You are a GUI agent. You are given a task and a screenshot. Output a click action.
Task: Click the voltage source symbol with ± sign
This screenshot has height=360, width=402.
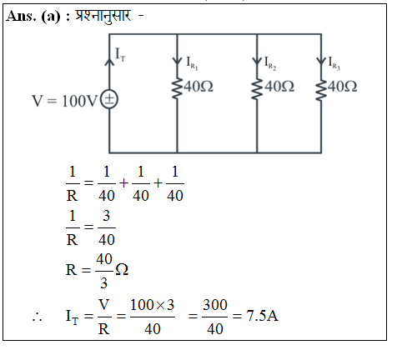click(x=109, y=99)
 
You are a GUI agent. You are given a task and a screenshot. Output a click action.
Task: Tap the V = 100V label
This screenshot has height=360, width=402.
click(x=65, y=101)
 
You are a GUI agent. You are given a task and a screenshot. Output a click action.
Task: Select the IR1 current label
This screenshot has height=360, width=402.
click(x=192, y=63)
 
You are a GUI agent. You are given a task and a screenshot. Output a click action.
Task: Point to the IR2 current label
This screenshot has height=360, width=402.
click(x=270, y=63)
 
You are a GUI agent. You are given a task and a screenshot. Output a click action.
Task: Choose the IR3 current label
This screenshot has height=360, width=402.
click(x=334, y=63)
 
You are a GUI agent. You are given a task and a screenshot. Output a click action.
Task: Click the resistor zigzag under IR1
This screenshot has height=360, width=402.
click(x=177, y=88)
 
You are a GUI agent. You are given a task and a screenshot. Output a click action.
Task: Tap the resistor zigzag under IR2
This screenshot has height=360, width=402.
click(x=257, y=88)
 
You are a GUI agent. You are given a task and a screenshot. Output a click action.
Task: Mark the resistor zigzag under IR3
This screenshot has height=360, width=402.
click(x=321, y=88)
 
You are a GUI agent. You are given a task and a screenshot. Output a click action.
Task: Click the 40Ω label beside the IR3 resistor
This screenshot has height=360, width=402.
click(x=342, y=87)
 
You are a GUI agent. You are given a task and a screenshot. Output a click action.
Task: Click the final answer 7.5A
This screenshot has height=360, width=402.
click(x=262, y=316)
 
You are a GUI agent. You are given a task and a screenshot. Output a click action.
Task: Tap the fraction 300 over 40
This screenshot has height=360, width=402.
click(x=215, y=317)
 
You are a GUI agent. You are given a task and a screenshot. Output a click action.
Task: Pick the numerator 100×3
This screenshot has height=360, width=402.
click(x=152, y=305)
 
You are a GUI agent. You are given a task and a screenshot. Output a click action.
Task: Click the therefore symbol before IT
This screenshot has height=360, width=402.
click(x=37, y=317)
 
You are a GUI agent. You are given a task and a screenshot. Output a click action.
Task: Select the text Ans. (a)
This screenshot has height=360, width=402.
click(x=33, y=16)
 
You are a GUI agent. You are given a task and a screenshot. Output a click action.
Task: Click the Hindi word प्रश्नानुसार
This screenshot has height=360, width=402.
click(x=103, y=16)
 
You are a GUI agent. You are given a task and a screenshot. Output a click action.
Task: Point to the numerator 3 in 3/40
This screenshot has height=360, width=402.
click(x=107, y=216)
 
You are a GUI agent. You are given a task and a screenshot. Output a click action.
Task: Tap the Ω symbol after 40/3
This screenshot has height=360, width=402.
click(x=122, y=269)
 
